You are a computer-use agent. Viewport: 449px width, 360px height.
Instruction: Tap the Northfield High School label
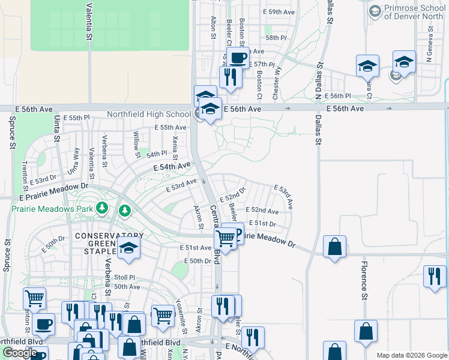tap(149, 114)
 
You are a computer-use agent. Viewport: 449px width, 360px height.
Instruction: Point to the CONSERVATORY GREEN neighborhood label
tap(109, 236)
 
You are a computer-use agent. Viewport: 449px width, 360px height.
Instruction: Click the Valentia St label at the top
tap(89, 21)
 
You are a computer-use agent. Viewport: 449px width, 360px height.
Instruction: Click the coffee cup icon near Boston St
tap(238, 58)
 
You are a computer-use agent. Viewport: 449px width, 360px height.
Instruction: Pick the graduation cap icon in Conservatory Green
tap(128, 248)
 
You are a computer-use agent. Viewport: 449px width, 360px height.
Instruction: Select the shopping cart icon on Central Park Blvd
tap(225, 238)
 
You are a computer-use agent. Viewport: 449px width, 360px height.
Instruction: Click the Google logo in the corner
tap(20, 353)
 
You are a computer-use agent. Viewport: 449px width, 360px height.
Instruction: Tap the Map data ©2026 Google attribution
tap(412, 355)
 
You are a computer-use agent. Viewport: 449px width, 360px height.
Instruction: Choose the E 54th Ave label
tap(172, 167)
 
